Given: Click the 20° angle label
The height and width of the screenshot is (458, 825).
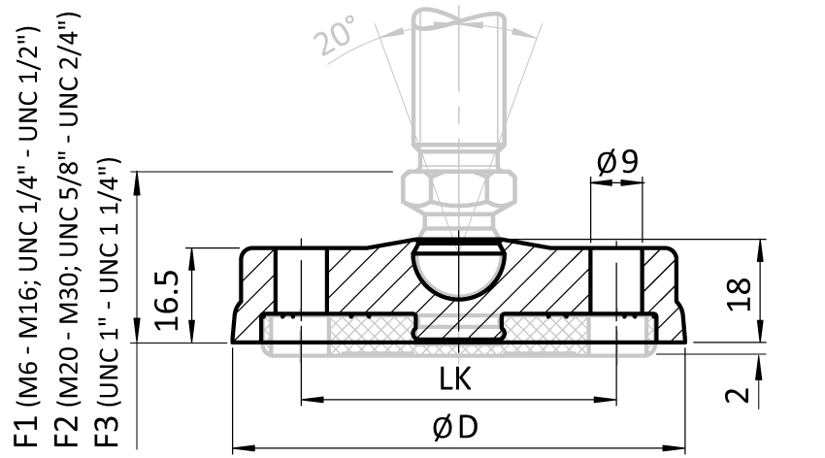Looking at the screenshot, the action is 336,36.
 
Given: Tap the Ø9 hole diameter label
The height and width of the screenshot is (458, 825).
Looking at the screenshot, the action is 617,162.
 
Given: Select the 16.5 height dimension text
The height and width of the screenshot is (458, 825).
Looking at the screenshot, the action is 167,300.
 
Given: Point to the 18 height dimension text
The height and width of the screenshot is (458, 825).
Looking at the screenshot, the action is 739,294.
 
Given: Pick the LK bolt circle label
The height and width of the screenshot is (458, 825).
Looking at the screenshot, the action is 455,378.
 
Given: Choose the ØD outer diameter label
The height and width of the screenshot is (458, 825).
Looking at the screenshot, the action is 455,426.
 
